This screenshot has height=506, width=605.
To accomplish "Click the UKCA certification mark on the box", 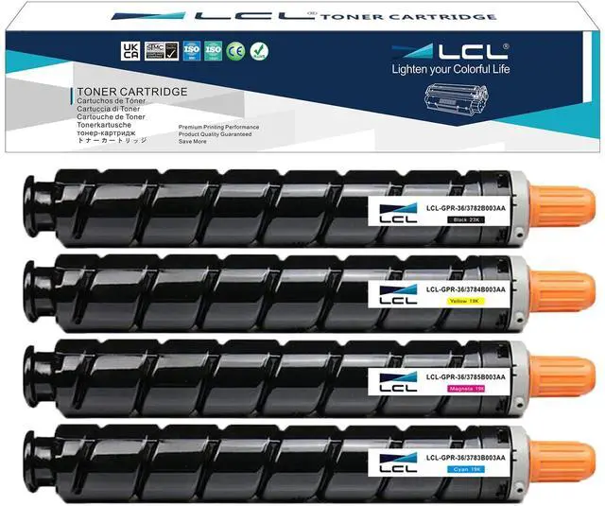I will (130, 49).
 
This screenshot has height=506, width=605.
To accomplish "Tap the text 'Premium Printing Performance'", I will (220, 125).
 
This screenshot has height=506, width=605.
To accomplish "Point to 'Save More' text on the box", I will (195, 140).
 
